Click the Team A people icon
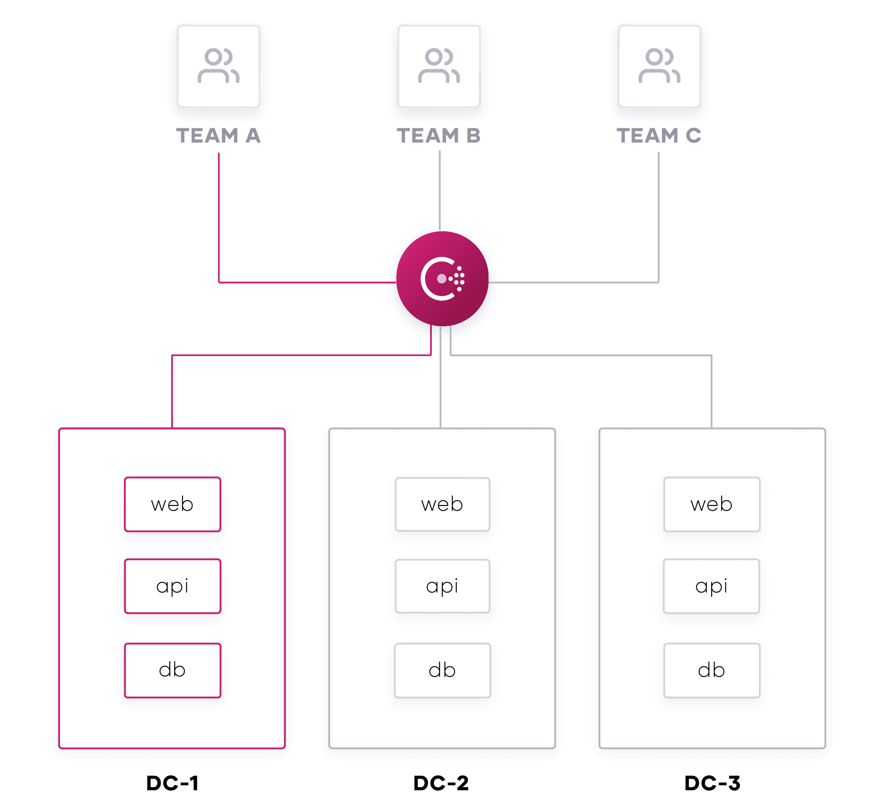218,66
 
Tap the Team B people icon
439,66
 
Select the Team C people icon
659,66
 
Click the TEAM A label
218,135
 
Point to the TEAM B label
439,135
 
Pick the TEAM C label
659,135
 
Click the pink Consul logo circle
442,279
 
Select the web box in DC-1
172,504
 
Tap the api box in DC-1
172,586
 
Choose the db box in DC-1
172,671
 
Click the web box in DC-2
442,504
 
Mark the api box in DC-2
442,586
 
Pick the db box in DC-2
442,671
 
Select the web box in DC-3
712,504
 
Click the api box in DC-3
712,586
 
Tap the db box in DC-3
712,671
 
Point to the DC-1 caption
172,783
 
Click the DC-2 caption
441,783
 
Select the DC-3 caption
712,783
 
